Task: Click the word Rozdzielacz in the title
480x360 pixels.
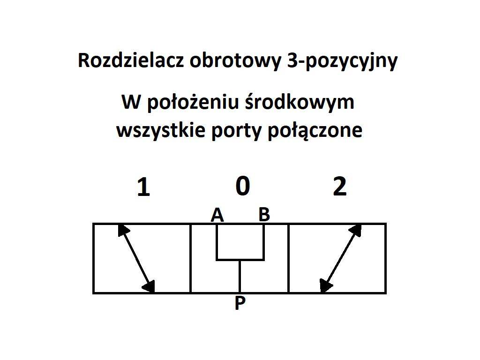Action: click(131, 60)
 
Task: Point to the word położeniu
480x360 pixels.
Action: click(193, 102)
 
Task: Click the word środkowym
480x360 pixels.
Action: click(300, 102)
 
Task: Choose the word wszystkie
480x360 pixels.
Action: click(161, 130)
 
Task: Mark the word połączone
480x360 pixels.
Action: click(315, 130)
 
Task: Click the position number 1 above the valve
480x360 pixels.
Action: click(143, 187)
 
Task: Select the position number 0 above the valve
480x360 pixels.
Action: click(243, 186)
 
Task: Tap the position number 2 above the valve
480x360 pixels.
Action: click(340, 186)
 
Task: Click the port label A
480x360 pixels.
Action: click(217, 215)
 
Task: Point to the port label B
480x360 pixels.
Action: click(264, 214)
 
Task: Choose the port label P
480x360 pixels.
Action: click(240, 303)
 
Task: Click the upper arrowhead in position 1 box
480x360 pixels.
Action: click(123, 230)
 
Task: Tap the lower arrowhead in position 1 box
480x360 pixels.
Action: click(149, 287)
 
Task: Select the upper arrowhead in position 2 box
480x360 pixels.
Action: click(356, 230)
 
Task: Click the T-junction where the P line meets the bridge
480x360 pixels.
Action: click(240, 260)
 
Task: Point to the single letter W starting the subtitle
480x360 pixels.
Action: click(131, 102)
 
